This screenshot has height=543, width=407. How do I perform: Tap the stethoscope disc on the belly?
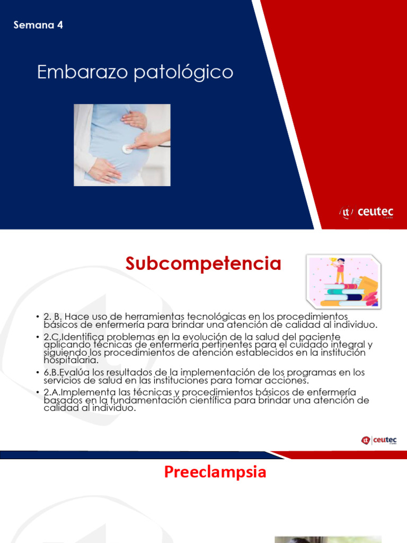(127, 149)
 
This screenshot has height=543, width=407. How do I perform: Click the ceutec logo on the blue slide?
(366, 213)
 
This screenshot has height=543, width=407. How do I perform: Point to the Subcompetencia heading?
(203, 264)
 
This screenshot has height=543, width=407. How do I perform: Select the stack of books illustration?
(343, 294)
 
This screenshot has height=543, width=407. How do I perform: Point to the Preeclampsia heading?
(215, 472)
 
